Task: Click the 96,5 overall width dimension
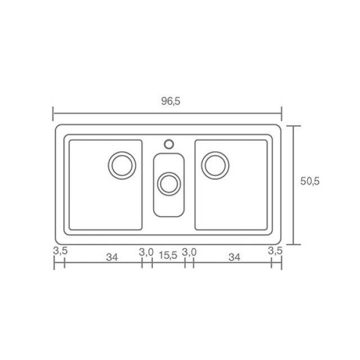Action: [171, 101]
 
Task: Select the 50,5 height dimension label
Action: [310, 181]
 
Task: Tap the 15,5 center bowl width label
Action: [168, 255]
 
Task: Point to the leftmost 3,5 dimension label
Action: [60, 251]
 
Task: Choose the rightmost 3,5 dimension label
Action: [275, 251]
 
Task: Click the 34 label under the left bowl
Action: [112, 258]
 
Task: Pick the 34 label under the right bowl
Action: [235, 258]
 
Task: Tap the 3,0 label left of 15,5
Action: [146, 253]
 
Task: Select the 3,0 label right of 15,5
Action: [189, 253]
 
